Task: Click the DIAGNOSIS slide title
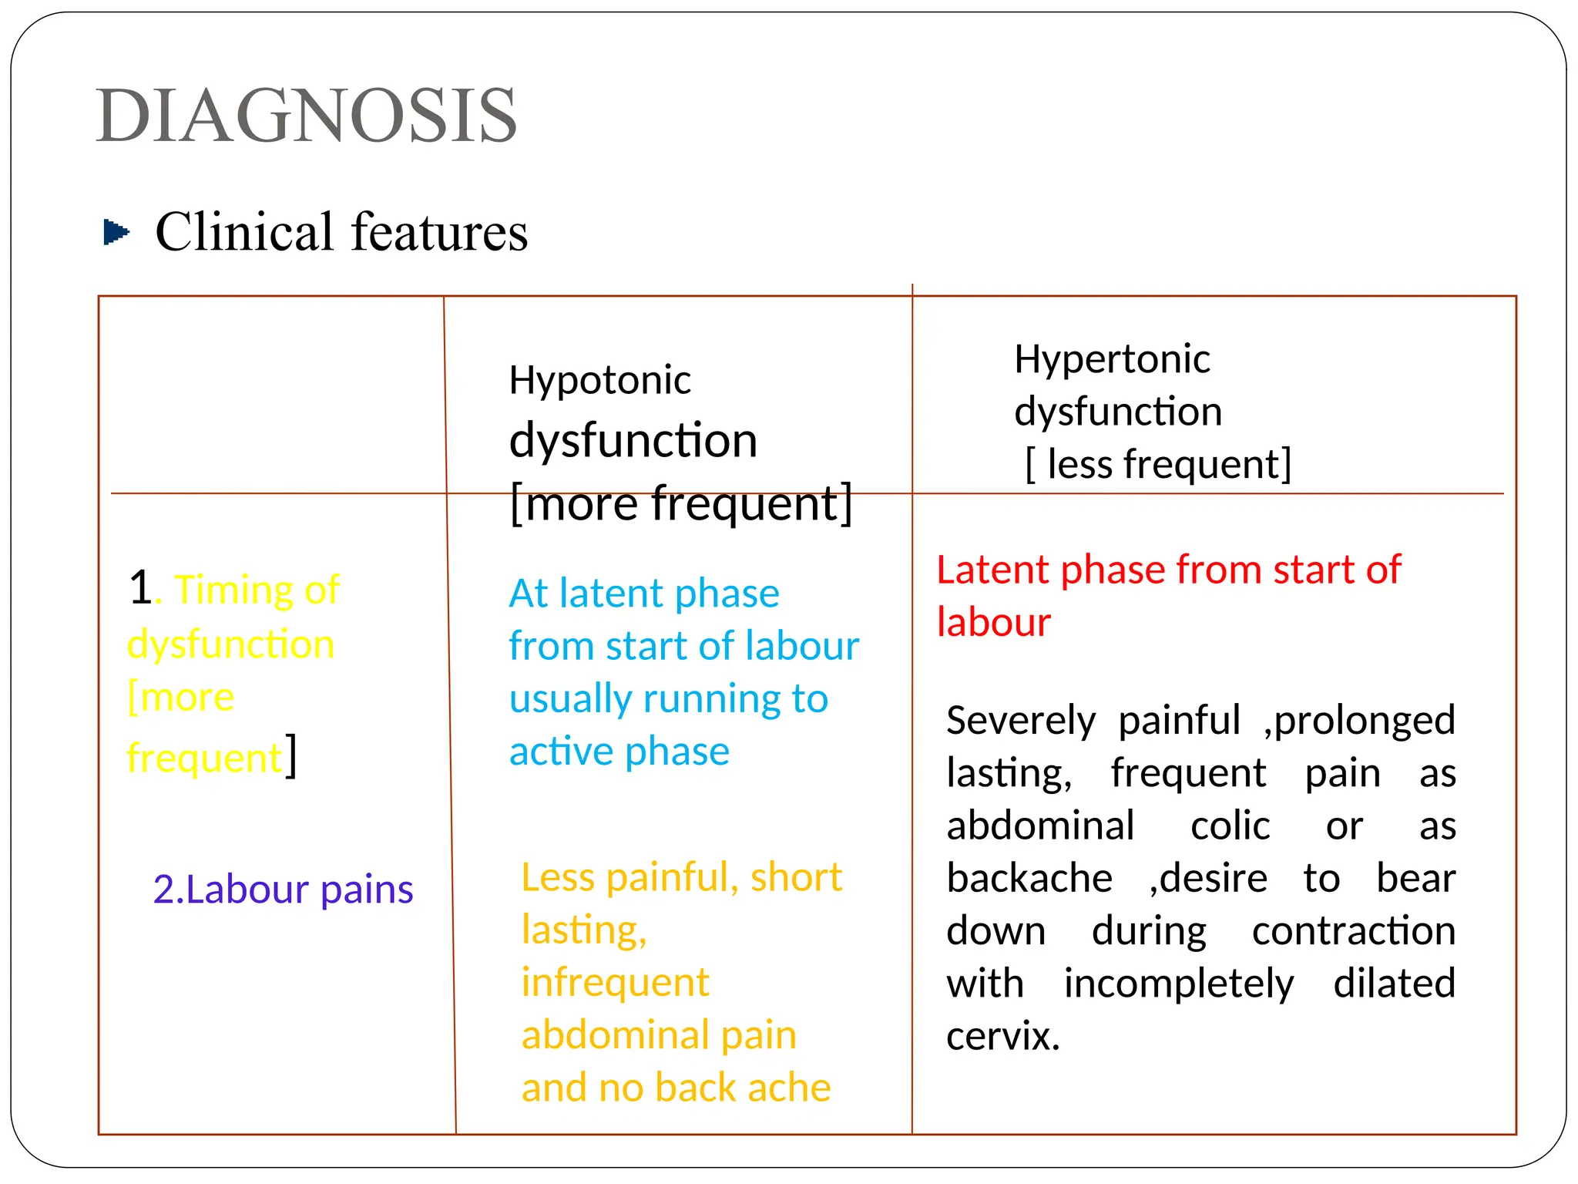[307, 116]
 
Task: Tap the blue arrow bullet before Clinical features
[116, 231]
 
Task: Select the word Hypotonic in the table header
[599, 380]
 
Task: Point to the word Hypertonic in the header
[1112, 359]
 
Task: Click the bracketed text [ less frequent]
[1158, 464]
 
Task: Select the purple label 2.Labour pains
[283, 889]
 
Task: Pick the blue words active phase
[619, 751]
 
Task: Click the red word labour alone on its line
[993, 622]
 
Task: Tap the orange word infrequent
[615, 982]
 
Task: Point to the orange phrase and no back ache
[676, 1088]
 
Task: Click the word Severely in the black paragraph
[1020, 721]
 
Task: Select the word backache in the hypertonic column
[1029, 878]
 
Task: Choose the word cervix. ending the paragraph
[1002, 1036]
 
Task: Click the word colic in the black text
[1230, 826]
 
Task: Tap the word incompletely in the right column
[1178, 984]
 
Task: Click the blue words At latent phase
[644, 594]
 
